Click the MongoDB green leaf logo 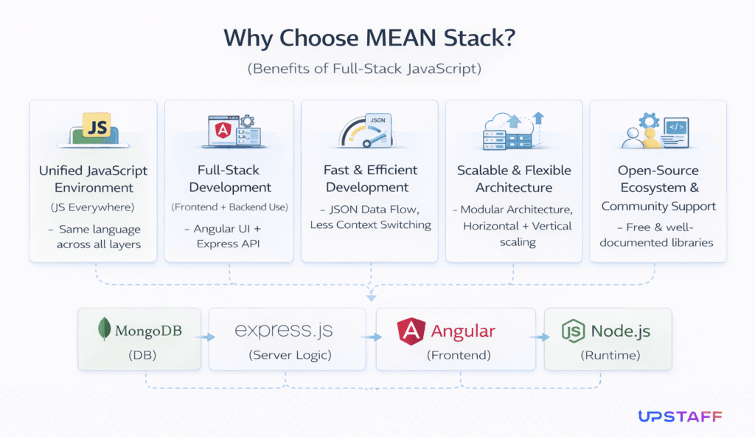pyautogui.click(x=104, y=328)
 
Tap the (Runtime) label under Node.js pyautogui.click(x=608, y=355)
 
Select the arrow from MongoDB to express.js pyautogui.click(x=209, y=337)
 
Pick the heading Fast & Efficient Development pyautogui.click(x=371, y=178)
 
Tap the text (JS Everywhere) pyautogui.click(x=93, y=207)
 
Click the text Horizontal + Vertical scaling pyautogui.click(x=516, y=233)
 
